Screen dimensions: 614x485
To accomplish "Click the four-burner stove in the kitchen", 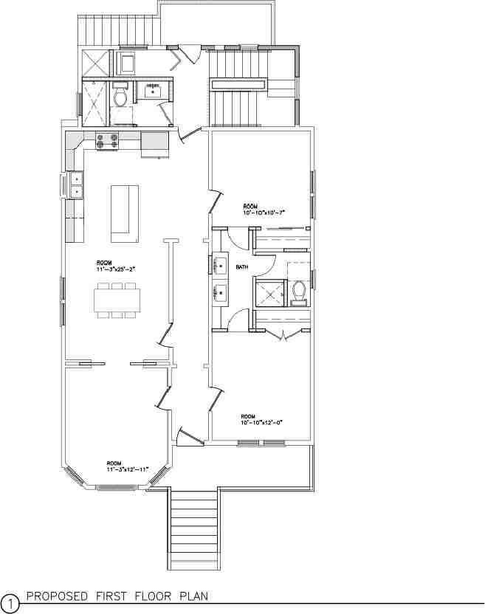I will [x=107, y=141].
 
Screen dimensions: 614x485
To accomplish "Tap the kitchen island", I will [x=125, y=213].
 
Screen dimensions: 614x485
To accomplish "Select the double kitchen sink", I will [x=76, y=184].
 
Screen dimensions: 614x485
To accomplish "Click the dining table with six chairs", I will [x=117, y=300].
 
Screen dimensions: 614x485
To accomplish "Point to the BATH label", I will [x=242, y=266].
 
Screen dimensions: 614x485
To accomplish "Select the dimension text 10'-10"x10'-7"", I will [x=264, y=213].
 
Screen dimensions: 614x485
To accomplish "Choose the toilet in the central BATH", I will [x=299, y=292].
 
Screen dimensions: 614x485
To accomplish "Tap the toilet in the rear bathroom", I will [x=121, y=97].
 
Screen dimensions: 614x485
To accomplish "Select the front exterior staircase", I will [x=194, y=528].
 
